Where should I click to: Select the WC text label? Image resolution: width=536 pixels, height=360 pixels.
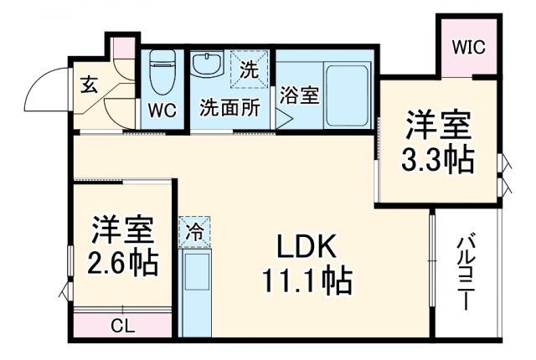(x=162, y=109)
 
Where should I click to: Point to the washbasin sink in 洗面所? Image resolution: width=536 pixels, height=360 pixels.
(x=204, y=64)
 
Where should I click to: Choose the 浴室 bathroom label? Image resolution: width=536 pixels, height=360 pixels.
(x=299, y=95)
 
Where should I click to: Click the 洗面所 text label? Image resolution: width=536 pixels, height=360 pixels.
(x=229, y=108)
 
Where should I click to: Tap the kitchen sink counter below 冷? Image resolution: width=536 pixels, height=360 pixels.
(x=197, y=294)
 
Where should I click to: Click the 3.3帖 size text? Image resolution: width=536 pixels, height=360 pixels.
(x=437, y=159)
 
